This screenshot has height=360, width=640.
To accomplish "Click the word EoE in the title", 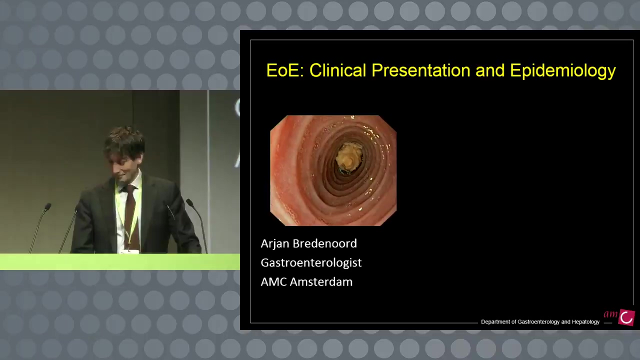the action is point(285,70).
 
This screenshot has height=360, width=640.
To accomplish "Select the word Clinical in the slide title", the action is point(337,70).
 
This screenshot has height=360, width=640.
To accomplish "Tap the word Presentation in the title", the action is point(421,70).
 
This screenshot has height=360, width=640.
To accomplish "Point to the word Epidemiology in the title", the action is point(563,71).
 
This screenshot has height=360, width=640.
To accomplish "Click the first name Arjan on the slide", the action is point(275,243).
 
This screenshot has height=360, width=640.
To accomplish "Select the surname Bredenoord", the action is point(325,243).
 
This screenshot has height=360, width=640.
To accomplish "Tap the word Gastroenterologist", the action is point(311,263).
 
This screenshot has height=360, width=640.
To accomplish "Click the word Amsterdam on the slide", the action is point(321,282).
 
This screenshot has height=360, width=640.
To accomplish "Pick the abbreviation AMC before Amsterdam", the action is point(273,282).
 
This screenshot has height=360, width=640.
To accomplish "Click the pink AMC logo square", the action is point(626,317).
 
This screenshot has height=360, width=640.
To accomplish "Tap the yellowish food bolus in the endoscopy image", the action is point(349,156).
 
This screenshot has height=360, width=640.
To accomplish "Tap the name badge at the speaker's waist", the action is point(129,251).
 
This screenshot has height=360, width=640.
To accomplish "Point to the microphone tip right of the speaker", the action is point(189,202).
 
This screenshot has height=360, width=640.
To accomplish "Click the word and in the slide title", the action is point(490,70).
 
